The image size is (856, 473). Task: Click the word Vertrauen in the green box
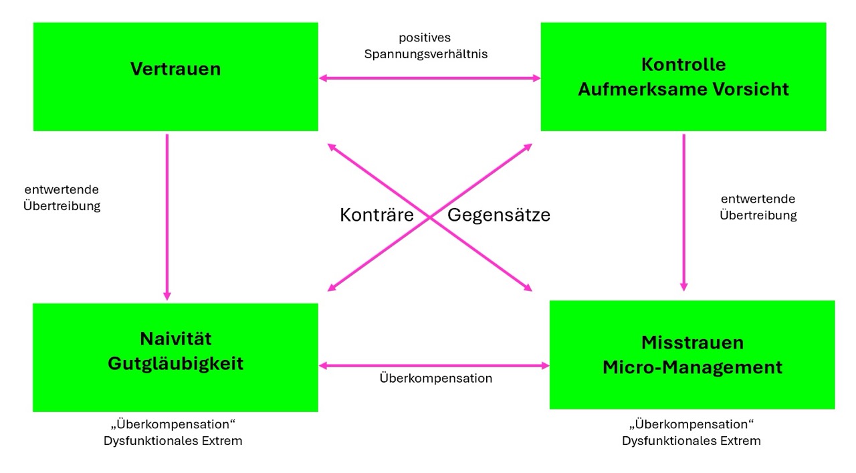[x=175, y=69]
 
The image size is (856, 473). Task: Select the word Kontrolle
[x=683, y=64]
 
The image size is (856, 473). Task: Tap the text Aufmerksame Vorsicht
[x=683, y=89]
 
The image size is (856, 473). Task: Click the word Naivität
[x=175, y=339]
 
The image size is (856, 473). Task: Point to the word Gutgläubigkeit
[x=175, y=363]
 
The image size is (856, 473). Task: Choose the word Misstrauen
[x=692, y=343]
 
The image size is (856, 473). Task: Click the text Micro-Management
[x=692, y=367]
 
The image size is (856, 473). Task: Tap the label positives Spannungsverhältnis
[x=425, y=46]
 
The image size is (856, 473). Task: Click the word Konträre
[x=377, y=215]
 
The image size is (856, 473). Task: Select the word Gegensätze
[x=498, y=215]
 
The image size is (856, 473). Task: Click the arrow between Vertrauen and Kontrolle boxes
[x=429, y=78]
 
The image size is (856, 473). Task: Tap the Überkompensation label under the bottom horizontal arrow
[x=435, y=379]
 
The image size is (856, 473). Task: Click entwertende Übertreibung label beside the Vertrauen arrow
[x=62, y=198]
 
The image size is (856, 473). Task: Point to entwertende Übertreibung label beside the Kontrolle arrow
[x=758, y=207]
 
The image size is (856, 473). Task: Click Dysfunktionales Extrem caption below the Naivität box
[x=173, y=441]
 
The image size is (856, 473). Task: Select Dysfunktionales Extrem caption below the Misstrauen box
[x=691, y=441]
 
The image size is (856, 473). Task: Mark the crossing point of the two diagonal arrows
[x=429, y=217]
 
